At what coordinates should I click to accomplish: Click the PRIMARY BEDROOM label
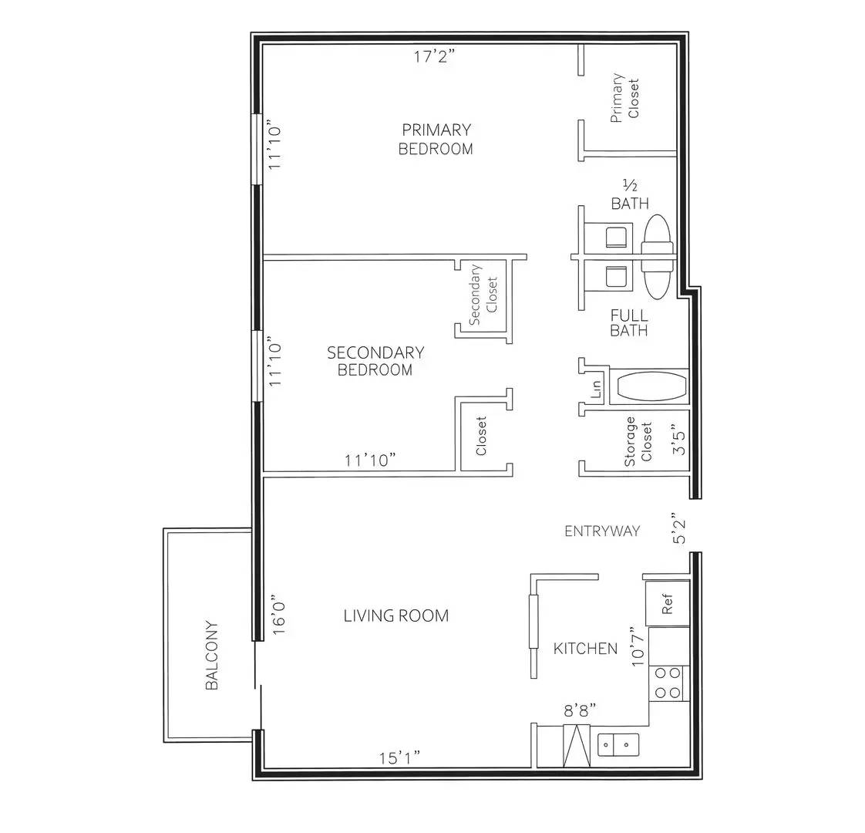[436, 139]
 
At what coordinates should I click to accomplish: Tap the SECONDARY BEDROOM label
[375, 361]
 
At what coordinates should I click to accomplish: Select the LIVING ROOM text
[395, 615]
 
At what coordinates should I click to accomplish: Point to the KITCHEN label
[585, 649]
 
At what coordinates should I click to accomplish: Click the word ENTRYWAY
[602, 531]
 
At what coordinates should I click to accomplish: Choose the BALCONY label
[213, 656]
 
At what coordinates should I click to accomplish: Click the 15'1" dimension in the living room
[399, 757]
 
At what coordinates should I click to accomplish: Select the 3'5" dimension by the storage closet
[678, 440]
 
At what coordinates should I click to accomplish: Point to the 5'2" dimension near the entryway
[679, 528]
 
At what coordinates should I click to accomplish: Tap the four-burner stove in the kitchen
[668, 683]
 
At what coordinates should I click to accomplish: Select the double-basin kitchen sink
[618, 745]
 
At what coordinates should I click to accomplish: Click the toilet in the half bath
[614, 235]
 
